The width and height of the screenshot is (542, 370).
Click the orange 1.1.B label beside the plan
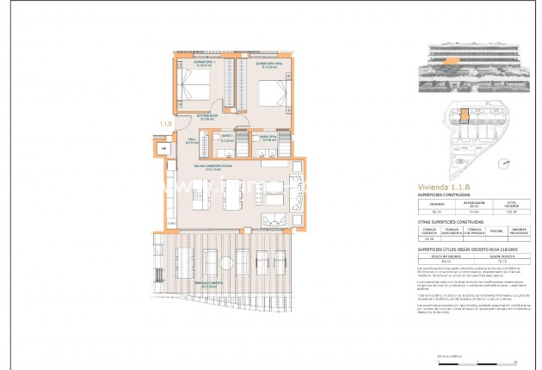pos(163,126)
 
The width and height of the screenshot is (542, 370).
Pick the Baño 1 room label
pos(227,138)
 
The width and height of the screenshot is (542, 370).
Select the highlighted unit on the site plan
pos(463,115)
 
